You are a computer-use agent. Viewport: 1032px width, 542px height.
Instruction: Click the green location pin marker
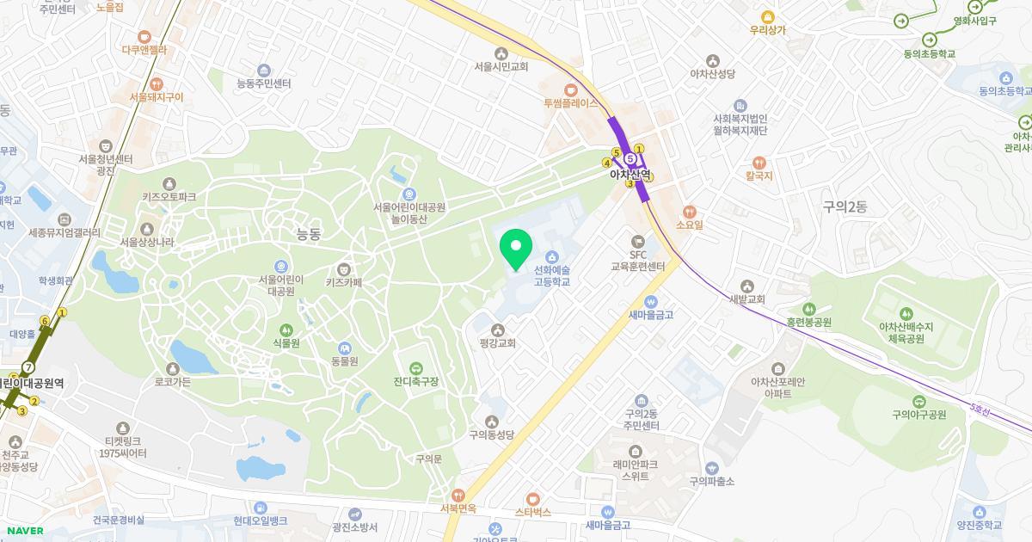(x=516, y=249)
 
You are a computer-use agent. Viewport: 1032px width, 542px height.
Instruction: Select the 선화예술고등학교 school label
(x=551, y=275)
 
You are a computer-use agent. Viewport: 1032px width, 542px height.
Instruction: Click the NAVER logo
(x=22, y=531)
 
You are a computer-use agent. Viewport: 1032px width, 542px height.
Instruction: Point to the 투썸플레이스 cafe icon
(x=570, y=89)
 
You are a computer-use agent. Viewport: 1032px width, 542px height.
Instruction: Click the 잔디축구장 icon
(x=416, y=368)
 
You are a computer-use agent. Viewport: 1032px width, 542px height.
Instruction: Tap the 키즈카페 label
(x=344, y=282)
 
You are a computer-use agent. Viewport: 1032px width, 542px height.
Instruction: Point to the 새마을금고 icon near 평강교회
(x=650, y=302)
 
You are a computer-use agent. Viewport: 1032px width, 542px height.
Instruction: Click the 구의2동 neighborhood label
(x=845, y=206)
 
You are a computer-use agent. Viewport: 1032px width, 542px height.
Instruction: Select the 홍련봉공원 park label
(x=808, y=323)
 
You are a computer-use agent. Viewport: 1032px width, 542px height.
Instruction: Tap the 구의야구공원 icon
(x=918, y=401)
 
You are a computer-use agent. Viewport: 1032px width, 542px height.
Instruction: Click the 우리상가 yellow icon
(x=767, y=16)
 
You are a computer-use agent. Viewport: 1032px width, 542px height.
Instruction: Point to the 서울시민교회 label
(x=501, y=66)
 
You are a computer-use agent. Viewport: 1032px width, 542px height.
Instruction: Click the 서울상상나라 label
(x=147, y=243)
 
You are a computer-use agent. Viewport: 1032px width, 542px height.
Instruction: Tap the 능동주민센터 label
(x=263, y=83)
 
